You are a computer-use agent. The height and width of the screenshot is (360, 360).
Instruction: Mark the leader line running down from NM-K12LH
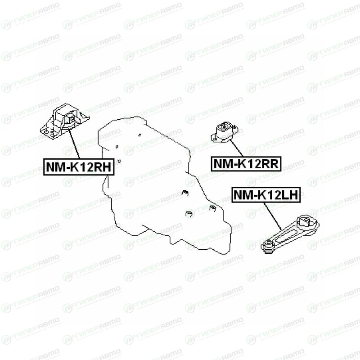[273, 213]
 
